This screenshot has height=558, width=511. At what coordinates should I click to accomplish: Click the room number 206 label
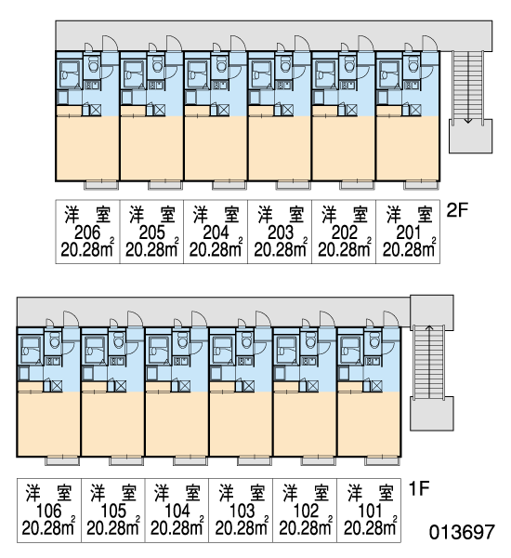pyautogui.click(x=87, y=233)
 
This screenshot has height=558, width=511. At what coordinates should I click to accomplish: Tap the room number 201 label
pyautogui.click(x=408, y=233)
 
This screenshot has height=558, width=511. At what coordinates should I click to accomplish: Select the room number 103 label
pyautogui.click(x=242, y=511)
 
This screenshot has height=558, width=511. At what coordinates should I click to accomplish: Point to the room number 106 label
pyautogui.click(x=49, y=511)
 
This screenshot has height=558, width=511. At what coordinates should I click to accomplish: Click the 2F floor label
pyautogui.click(x=458, y=210)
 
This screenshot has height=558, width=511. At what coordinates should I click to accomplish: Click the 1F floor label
pyautogui.click(x=419, y=488)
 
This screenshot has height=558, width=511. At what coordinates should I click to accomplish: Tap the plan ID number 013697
pyautogui.click(x=462, y=532)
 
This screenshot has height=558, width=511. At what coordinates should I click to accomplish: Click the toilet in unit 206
pyautogui.click(x=94, y=64)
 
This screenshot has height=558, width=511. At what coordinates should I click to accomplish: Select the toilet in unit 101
pyautogui.click(x=374, y=340)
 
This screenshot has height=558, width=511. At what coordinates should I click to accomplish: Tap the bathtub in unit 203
pyautogui.click(x=261, y=74)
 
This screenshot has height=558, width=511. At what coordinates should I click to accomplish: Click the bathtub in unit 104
pyautogui.click(x=159, y=351)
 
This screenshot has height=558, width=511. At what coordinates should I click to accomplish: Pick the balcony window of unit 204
pyautogui.click(x=229, y=185)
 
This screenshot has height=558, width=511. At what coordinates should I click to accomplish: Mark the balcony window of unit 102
pyautogui.click(x=318, y=461)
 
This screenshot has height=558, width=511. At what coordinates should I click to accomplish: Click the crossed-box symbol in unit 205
pyautogui.click(x=160, y=110)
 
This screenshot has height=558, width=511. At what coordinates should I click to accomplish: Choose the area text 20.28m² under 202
pyautogui.click(x=344, y=249)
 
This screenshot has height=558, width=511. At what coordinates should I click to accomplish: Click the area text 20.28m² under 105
pyautogui.click(x=113, y=527)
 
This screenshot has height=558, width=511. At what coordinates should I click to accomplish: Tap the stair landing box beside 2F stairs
pyautogui.click(x=470, y=137)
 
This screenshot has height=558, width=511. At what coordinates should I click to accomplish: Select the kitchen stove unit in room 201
pyautogui.click(x=412, y=85)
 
